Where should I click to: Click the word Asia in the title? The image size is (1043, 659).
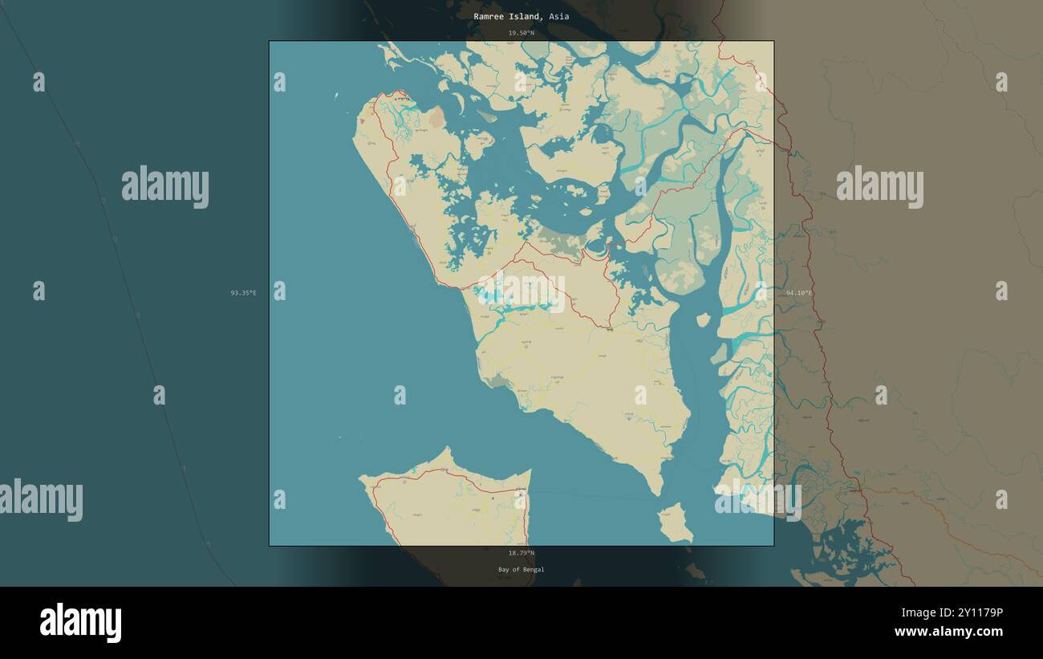point(559,17)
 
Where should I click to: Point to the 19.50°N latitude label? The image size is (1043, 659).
point(521,33)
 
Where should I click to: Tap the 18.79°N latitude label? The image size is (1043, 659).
point(521,553)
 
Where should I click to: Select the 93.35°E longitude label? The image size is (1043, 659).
point(243,293)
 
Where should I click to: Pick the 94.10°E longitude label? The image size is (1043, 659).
point(799,293)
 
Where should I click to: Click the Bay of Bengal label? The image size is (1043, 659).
point(521,570)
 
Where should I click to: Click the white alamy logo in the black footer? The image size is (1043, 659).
point(80,623)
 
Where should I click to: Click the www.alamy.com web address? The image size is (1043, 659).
point(948,633)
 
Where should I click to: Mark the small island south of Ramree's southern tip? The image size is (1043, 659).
point(675,523)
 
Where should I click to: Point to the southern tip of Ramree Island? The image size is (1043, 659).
point(657,490)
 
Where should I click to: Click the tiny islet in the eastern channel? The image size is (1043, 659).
point(703,319)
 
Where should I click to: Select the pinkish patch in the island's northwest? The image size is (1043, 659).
point(436,120)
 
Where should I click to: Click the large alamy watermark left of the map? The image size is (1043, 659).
point(165,186)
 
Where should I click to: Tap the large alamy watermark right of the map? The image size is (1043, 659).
point(879,186)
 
